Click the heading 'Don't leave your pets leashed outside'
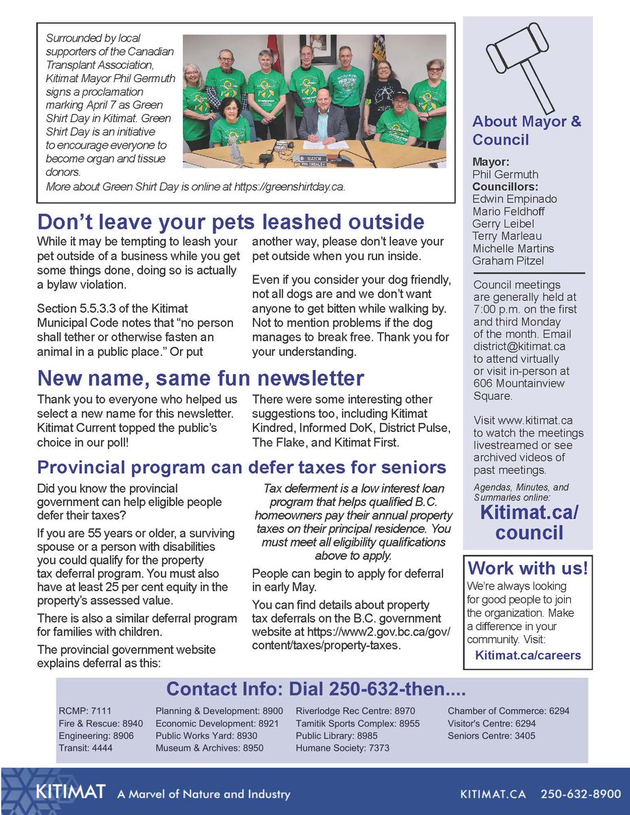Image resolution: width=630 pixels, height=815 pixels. coord(231,222)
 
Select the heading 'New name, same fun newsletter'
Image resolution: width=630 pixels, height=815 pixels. coord(200,378)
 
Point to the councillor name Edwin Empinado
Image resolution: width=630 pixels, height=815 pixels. coord(514,199)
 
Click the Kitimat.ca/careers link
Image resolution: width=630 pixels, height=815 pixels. coord(528,655)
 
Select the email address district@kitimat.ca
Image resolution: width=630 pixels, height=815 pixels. coord(519,346)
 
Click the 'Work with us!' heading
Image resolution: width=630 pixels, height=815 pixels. coord(528,568)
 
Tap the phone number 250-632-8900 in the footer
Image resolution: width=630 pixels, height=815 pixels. coord(580,793)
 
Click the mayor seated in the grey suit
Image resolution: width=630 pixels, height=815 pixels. coord(322,123)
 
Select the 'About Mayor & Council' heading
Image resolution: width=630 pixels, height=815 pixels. coord(527,130)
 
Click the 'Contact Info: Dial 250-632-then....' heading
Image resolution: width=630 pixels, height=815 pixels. coord(316,689)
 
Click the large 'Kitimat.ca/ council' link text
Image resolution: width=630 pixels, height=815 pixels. coord(529,522)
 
